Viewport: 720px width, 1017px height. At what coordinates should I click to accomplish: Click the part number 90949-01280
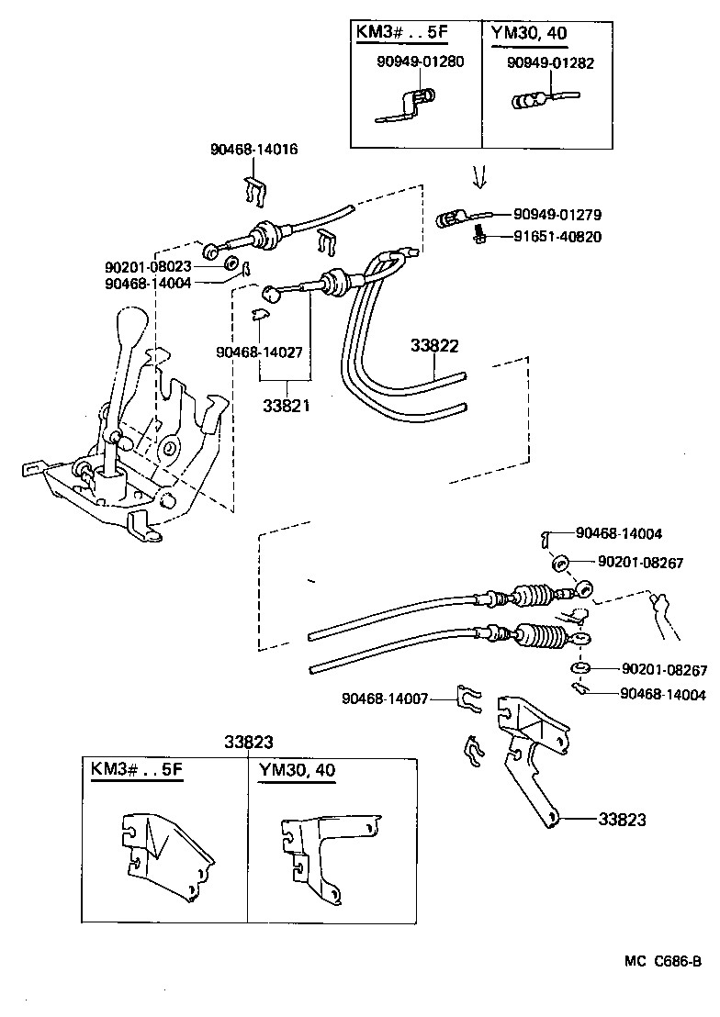(x=420, y=63)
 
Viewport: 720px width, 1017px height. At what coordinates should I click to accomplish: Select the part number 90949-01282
(x=551, y=63)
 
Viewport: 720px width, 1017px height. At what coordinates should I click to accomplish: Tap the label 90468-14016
(x=254, y=150)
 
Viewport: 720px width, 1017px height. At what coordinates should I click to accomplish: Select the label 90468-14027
(x=260, y=352)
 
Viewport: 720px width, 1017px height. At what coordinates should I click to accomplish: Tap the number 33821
(x=285, y=406)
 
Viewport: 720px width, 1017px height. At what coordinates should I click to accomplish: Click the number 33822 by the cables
(x=434, y=346)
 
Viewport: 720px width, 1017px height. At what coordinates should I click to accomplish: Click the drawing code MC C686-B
(x=663, y=962)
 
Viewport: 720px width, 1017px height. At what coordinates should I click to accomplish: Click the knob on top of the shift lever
(x=131, y=330)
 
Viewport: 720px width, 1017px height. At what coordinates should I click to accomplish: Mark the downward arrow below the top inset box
(x=478, y=174)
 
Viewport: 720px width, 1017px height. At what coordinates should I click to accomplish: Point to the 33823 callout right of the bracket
(x=622, y=820)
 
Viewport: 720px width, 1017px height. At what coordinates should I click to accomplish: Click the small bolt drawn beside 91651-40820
(x=478, y=237)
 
